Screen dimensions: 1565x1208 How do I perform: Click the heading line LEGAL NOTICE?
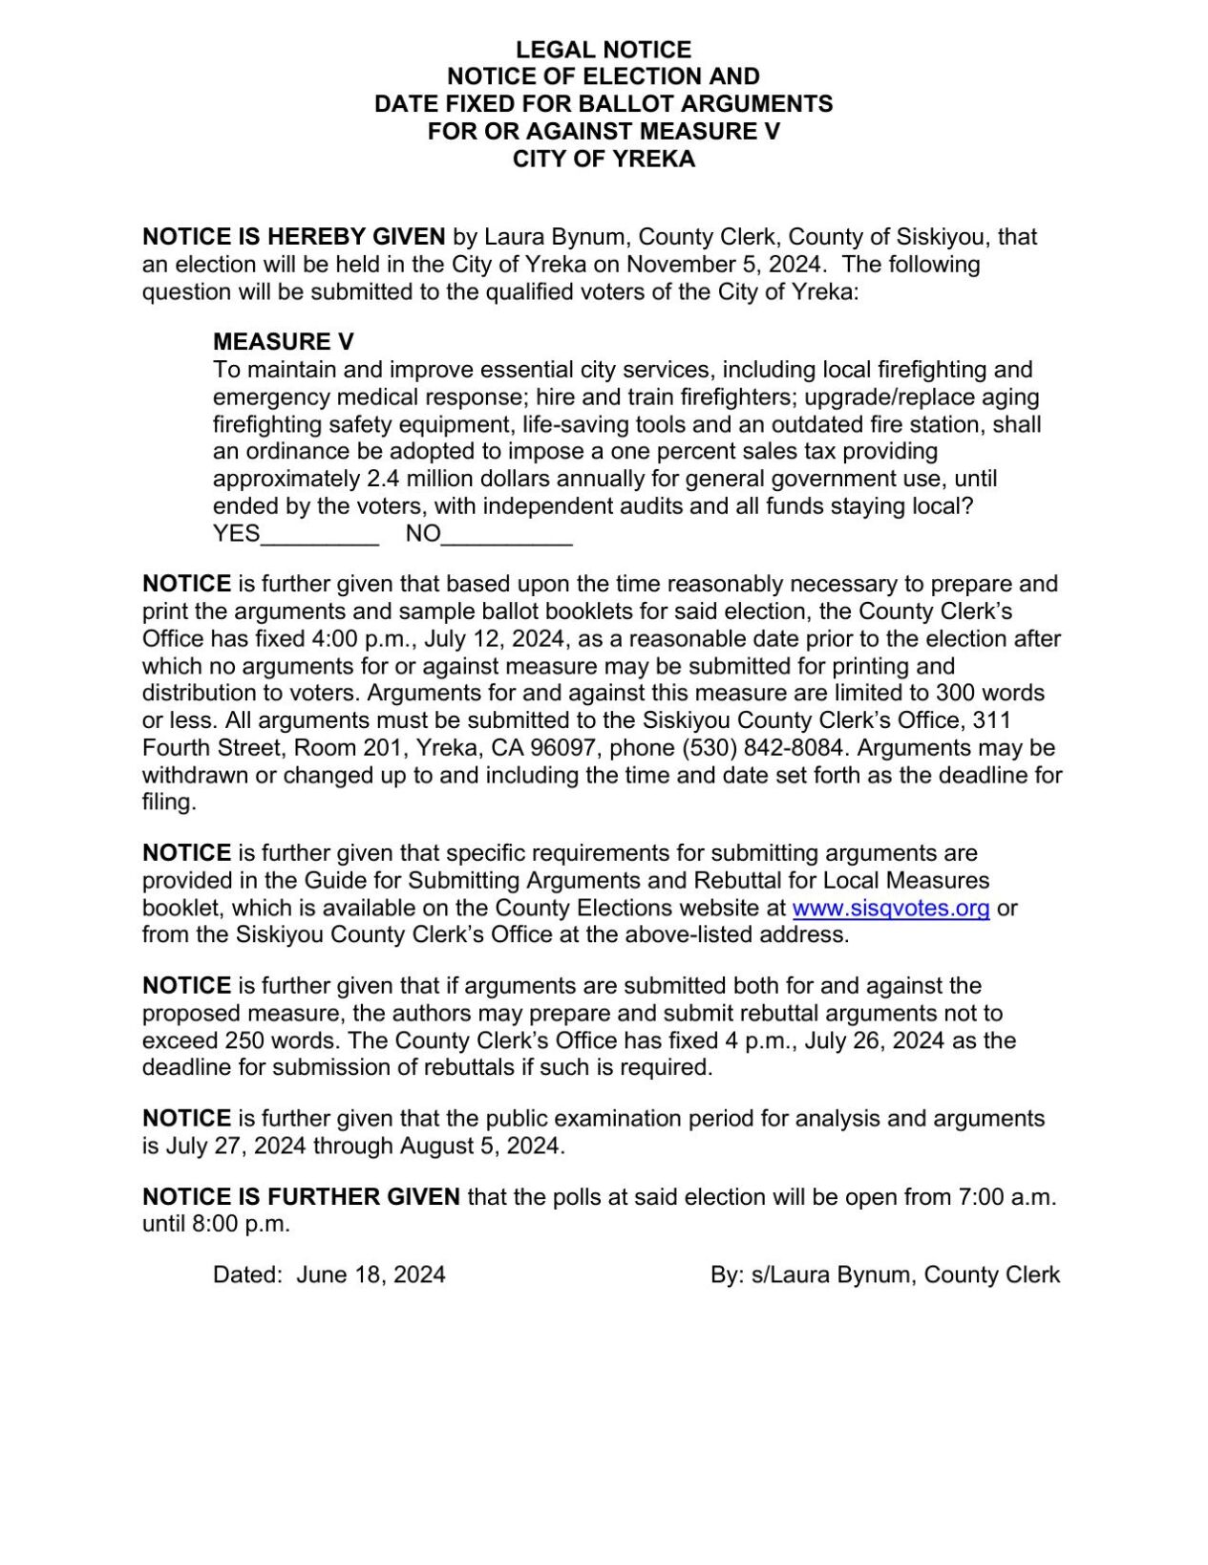pyautogui.click(x=603, y=50)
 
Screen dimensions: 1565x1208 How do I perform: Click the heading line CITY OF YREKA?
pyautogui.click(x=603, y=159)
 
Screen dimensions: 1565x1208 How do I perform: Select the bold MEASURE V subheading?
pyautogui.click(x=284, y=342)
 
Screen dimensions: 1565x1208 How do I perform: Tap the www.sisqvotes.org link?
pyautogui.click(x=890, y=908)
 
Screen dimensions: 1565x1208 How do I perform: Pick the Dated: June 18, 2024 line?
pyautogui.click(x=328, y=1275)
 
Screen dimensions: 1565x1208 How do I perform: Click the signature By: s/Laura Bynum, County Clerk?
pyautogui.click(x=884, y=1275)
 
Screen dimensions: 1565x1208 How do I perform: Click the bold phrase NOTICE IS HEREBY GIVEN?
pyautogui.click(x=293, y=237)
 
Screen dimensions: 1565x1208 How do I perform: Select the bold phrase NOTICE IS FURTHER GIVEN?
pyautogui.click(x=301, y=1197)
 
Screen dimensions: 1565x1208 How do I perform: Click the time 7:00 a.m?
pyautogui.click(x=1007, y=1197)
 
